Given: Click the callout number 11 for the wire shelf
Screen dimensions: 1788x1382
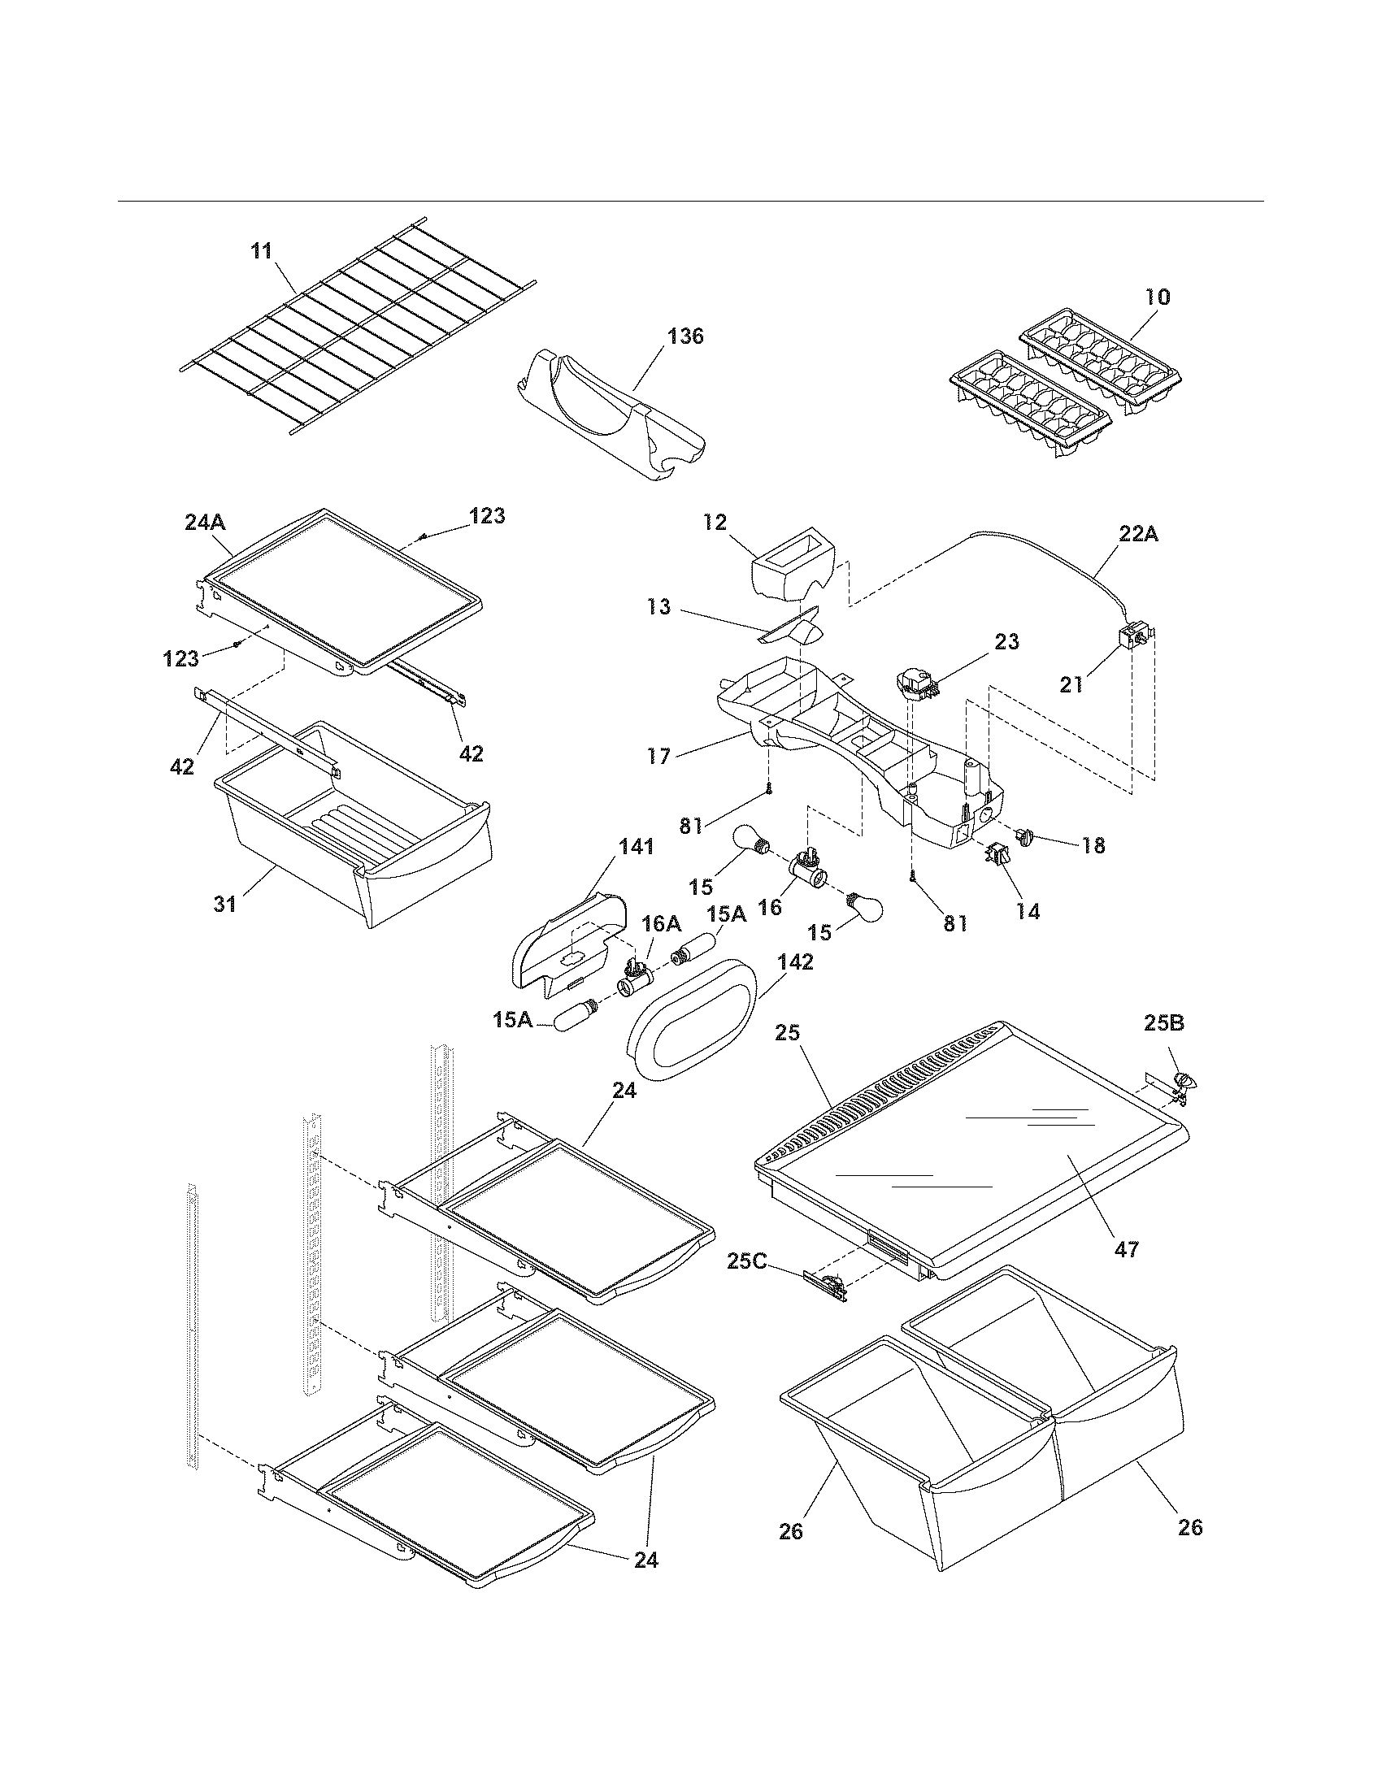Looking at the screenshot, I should tap(262, 251).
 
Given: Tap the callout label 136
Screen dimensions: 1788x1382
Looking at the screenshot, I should tap(685, 336).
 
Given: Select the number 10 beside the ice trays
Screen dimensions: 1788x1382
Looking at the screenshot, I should tap(1158, 297).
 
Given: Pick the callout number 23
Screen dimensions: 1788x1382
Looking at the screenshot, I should tap(1006, 642).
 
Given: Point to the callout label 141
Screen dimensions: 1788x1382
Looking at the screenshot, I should tap(637, 848).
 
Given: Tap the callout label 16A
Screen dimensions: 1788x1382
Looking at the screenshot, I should tap(661, 923).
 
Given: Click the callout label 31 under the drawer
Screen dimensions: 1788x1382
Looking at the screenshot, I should tap(225, 904).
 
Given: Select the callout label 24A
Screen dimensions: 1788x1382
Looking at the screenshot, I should tap(205, 522).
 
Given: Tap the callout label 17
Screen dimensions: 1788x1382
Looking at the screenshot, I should tap(658, 756).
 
